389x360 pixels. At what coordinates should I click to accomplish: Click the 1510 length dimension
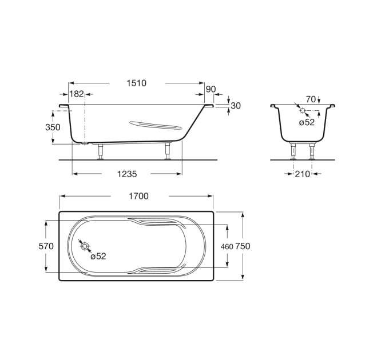[137, 83]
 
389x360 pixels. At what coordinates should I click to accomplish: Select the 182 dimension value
[77, 94]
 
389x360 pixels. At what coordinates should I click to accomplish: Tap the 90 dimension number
[211, 89]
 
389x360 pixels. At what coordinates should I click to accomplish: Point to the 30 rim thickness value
[236, 106]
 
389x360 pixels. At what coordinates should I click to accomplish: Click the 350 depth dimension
[53, 127]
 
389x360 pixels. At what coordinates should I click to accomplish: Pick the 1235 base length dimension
[127, 174]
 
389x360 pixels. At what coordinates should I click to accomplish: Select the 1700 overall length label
[138, 196]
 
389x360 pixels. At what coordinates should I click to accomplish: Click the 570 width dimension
[46, 246]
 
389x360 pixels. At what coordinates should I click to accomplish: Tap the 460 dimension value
[227, 247]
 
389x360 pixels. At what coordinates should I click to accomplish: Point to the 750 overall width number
[243, 246]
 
